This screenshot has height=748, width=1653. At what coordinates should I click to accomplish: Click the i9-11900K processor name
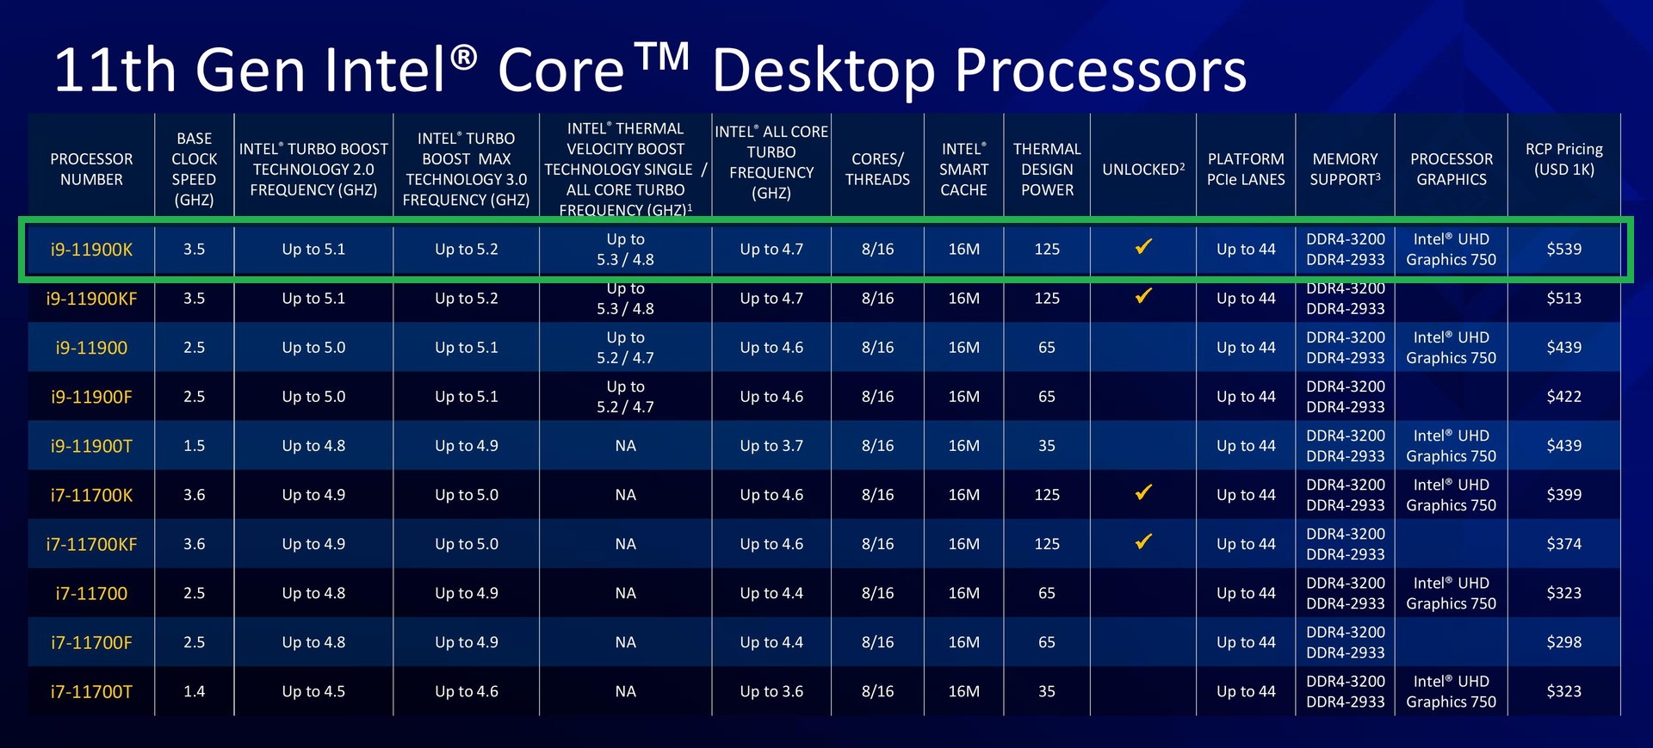coord(91,250)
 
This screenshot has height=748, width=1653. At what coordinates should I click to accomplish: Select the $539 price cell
coord(1563,249)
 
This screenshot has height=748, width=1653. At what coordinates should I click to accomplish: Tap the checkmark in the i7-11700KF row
coord(1143,541)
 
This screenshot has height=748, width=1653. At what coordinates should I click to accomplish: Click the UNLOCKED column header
coord(1143,169)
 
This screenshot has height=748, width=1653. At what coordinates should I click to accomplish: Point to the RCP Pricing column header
coord(1563,159)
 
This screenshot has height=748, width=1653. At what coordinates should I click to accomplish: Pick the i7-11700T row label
coord(91,692)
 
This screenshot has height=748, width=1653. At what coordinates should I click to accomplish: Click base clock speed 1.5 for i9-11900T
coord(194,446)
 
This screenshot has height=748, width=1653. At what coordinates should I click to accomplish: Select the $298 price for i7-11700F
coord(1563,642)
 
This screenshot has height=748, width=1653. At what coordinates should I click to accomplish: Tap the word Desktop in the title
coord(824,71)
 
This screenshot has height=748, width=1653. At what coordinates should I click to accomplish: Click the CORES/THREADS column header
coord(877,169)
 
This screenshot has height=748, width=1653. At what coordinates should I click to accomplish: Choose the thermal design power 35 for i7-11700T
coord(1046,691)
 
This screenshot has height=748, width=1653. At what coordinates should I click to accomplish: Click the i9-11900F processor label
coord(91,397)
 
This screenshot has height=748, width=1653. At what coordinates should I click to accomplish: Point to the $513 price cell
coord(1563,298)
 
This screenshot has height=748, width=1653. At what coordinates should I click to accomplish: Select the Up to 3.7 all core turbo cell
coord(771,446)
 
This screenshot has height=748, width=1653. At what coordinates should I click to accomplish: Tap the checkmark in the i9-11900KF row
coord(1143,296)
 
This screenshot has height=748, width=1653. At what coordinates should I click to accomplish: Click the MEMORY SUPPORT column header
coord(1345,169)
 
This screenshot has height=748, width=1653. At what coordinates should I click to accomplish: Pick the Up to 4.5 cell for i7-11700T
coord(313,691)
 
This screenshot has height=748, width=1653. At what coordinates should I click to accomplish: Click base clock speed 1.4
coord(194,691)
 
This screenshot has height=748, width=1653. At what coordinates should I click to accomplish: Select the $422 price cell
coord(1563,396)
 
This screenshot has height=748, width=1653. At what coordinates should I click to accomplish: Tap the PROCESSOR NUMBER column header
coord(91,169)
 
